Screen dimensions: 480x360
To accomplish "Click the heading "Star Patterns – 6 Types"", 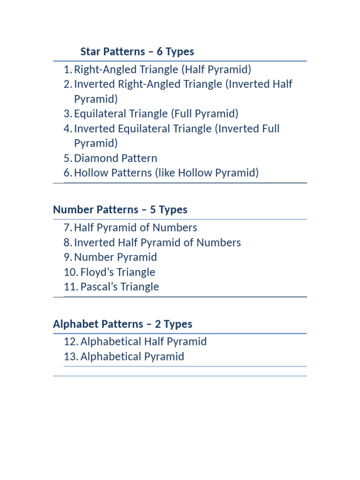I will click(x=137, y=52).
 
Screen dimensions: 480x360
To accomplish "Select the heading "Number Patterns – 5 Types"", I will click(x=120, y=210).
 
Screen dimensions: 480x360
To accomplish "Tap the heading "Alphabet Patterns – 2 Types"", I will click(x=122, y=324).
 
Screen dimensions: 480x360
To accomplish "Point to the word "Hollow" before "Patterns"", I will click(x=90, y=173).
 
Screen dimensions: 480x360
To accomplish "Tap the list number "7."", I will click(x=68, y=228).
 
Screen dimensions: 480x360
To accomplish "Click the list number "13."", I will click(x=71, y=357).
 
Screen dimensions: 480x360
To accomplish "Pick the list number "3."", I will click(x=68, y=114).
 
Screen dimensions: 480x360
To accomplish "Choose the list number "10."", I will click(x=71, y=272).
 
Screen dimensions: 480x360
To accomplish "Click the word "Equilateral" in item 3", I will click(x=100, y=114).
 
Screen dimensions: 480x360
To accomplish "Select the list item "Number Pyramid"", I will click(x=115, y=257).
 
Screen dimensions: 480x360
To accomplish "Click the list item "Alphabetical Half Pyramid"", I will click(x=143, y=342).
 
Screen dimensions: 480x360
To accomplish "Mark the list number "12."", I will click(x=71, y=342).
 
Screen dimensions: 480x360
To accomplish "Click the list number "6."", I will click(x=68, y=173).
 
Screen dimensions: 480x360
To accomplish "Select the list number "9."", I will click(x=68, y=257).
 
